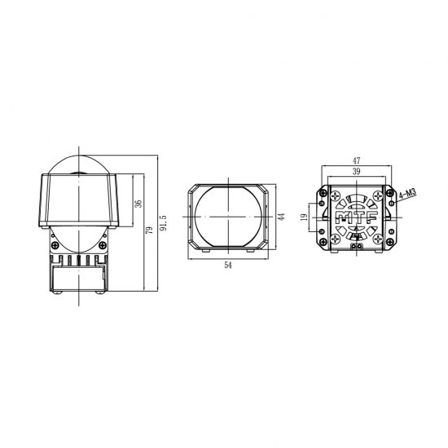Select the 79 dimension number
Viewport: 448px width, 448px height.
[x=149, y=231]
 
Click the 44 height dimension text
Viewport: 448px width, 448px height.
[x=279, y=217]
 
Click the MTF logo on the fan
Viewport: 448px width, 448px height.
[x=355, y=217]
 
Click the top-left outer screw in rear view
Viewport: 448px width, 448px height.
[x=324, y=194]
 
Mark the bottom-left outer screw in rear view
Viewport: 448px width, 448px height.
[x=324, y=240]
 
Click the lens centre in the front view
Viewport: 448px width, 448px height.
[x=227, y=217]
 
